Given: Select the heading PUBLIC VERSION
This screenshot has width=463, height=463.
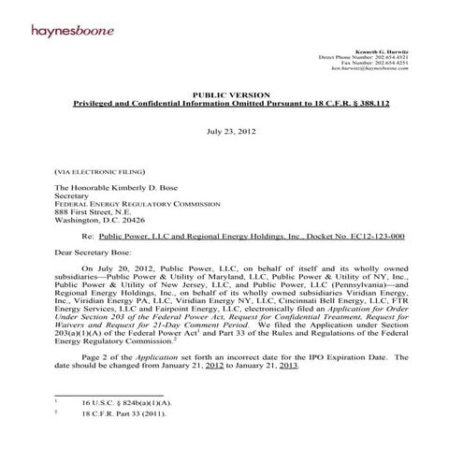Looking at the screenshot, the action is click(x=230, y=95).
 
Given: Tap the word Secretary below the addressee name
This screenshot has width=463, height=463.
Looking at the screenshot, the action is click(x=77, y=198).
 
